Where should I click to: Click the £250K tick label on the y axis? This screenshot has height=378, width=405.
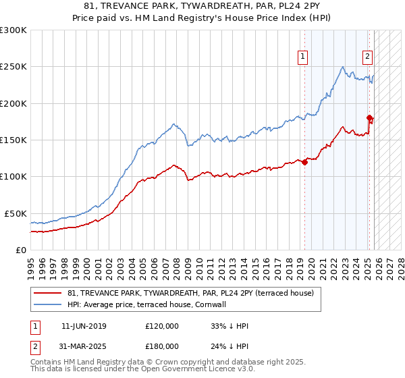tap(13, 67)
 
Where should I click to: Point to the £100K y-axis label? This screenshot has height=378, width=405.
tap(13, 176)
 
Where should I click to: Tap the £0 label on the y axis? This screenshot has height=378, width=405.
tap(20, 250)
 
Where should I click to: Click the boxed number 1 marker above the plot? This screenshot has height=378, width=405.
tap(303, 57)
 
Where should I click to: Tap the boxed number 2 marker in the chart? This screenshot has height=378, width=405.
tap(368, 57)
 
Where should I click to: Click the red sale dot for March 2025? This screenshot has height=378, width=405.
tap(370, 118)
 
